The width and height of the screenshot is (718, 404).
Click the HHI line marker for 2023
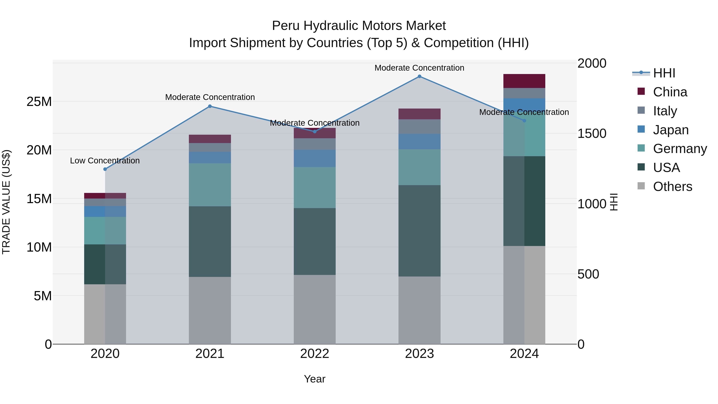tap(419, 76)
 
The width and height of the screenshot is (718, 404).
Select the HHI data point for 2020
tap(105, 169)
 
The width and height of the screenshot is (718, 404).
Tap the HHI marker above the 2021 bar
tap(210, 106)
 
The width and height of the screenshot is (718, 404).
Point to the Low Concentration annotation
tap(105, 161)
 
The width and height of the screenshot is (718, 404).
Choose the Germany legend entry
tap(680, 149)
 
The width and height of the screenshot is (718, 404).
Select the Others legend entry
tap(672, 187)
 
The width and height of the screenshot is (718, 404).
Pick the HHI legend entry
tap(664, 73)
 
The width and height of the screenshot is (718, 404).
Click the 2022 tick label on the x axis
tap(315, 354)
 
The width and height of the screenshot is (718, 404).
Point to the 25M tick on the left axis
tap(39, 102)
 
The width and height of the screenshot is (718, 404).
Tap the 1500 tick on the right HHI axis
tap(592, 133)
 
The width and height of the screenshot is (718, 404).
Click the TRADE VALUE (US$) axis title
tap(6, 202)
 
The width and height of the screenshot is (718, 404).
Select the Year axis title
tap(315, 379)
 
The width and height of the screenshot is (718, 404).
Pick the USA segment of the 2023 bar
tap(419, 231)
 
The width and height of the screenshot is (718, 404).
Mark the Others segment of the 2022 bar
tap(315, 309)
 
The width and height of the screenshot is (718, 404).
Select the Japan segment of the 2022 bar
tap(315, 158)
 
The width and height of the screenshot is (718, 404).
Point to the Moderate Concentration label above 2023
tap(419, 68)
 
